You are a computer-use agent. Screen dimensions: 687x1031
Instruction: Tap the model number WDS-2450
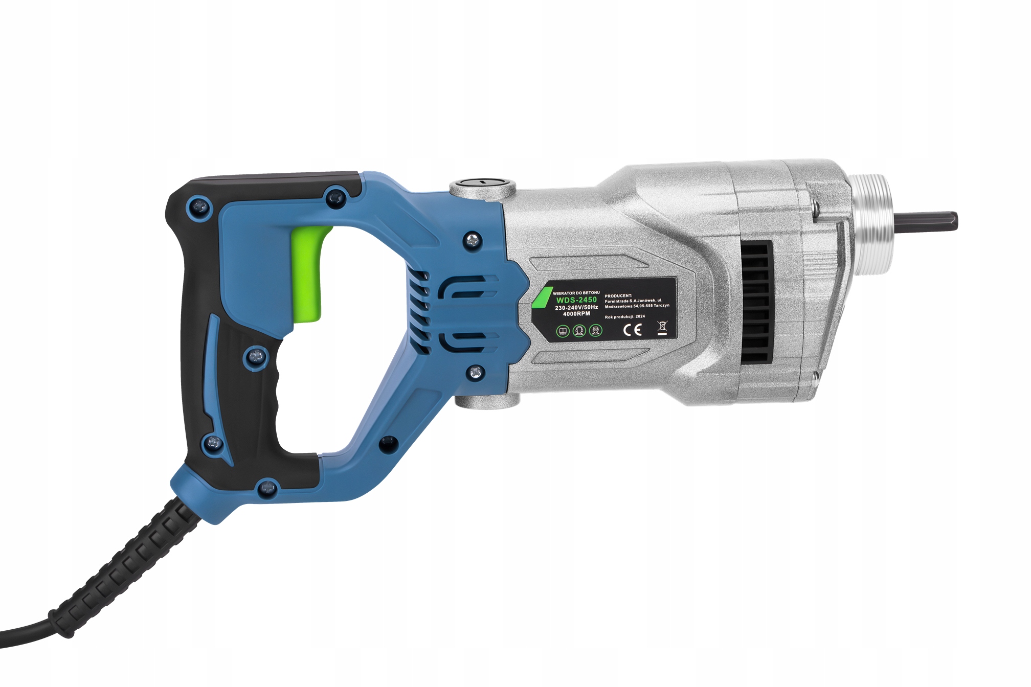[576, 300]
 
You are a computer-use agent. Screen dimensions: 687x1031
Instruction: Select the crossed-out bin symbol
[662, 328]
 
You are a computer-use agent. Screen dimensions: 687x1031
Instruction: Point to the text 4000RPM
[576, 314]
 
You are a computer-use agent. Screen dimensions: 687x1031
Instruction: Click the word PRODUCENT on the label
[618, 295]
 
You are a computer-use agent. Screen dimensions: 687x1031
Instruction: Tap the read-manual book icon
[563, 331]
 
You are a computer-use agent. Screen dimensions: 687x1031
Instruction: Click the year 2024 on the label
[640, 317]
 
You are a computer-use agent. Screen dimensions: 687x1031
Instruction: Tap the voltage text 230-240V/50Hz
[576, 307]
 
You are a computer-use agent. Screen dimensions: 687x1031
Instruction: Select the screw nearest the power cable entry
[266, 488]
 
